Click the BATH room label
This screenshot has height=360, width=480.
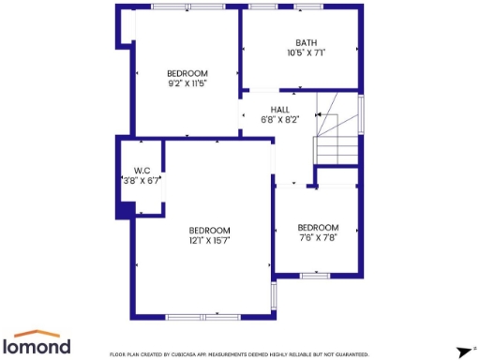pyautogui.click(x=306, y=42)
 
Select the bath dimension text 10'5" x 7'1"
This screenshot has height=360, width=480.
pyautogui.click(x=306, y=53)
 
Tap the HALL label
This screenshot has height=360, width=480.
pyautogui.click(x=279, y=109)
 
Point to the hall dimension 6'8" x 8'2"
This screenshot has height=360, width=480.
pyautogui.click(x=279, y=120)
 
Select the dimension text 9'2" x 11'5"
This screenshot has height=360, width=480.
pyautogui.click(x=187, y=83)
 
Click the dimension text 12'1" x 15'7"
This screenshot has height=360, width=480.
pyautogui.click(x=209, y=241)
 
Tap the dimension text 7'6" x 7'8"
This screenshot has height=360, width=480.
pyautogui.click(x=318, y=238)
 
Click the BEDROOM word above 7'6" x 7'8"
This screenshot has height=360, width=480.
pyautogui.click(x=318, y=227)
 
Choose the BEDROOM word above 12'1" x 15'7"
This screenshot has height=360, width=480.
pyautogui.click(x=209, y=231)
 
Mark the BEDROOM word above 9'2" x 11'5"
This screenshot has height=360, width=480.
pyautogui.click(x=187, y=73)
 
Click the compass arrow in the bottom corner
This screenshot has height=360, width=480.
pyautogui.click(x=461, y=352)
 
